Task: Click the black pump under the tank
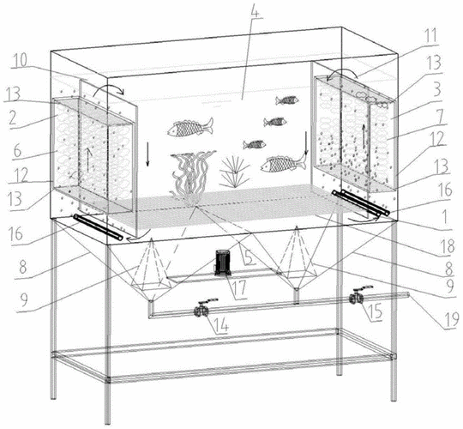pos(223,263)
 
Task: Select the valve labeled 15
pos(358,295)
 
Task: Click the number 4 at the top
pos(255,9)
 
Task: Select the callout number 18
pos(446,246)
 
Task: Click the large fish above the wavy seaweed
pos(190,127)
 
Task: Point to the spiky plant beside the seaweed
pos(234,172)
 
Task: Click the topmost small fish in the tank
pos(286,100)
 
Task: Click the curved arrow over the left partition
pos(108,89)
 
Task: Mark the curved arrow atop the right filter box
pos(341,73)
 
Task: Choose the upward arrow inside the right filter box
pos(364,136)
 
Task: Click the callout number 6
pos(17,151)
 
